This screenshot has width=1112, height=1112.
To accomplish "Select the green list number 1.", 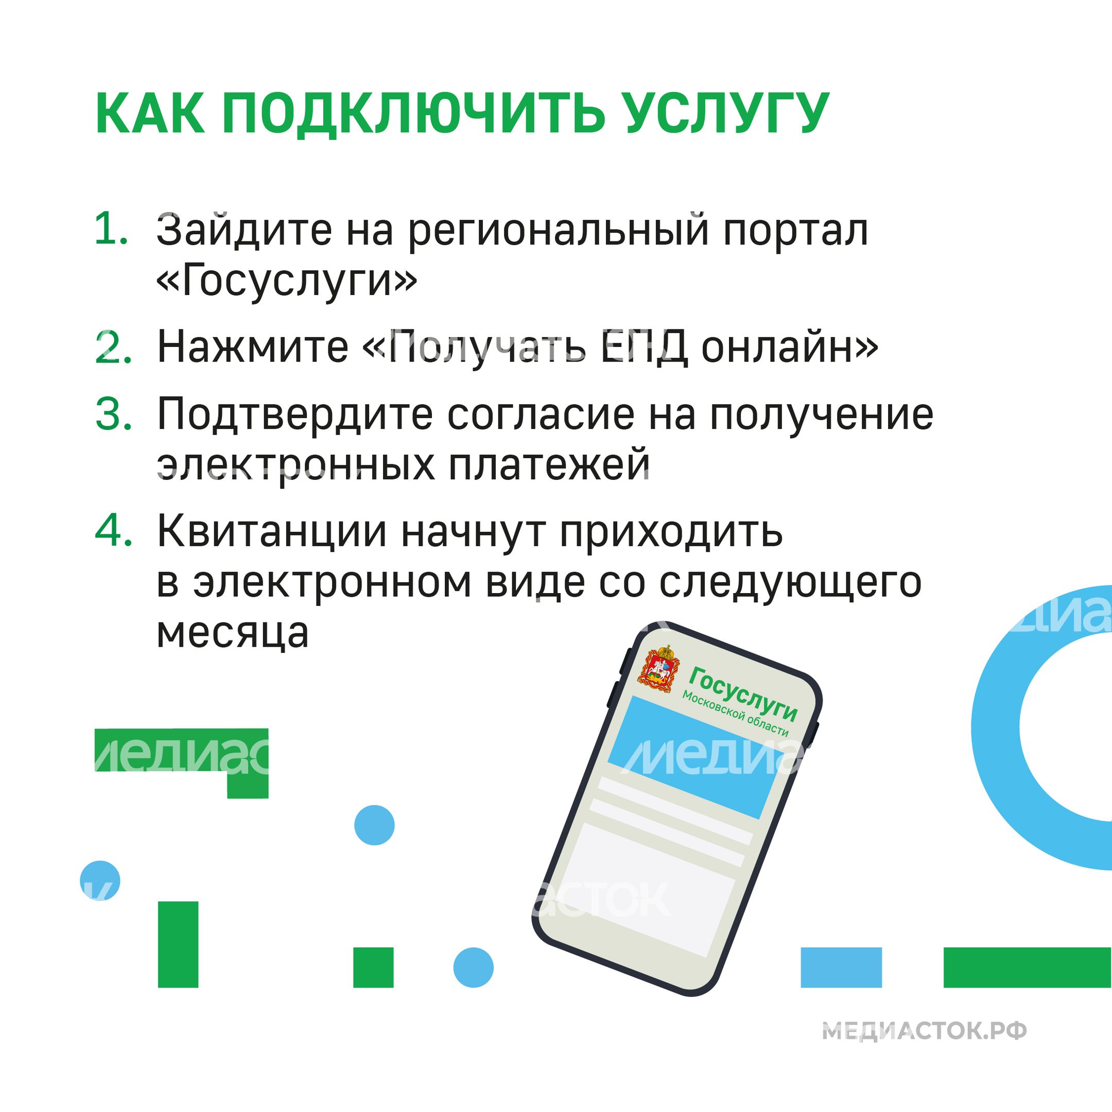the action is (x=111, y=229).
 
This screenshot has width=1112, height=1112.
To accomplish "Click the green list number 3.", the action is (x=113, y=414).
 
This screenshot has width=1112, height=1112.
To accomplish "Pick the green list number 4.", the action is (x=113, y=530).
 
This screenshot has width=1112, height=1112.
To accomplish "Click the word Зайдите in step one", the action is (x=245, y=230).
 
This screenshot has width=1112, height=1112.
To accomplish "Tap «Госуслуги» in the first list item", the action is (x=287, y=282).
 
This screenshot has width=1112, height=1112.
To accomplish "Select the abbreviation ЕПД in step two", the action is (x=644, y=347).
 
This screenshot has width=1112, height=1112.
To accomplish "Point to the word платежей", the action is (x=549, y=465).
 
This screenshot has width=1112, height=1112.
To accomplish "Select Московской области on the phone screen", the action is (x=735, y=714).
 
